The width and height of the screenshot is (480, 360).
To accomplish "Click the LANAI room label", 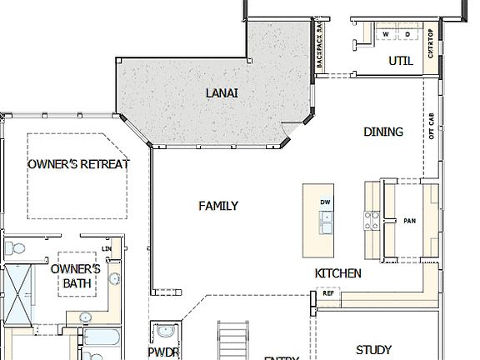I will (x=222, y=92).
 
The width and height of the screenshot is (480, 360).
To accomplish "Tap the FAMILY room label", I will (x=218, y=206).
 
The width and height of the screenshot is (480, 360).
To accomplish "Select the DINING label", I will (x=383, y=132).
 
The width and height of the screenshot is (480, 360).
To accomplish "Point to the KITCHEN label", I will (x=337, y=273).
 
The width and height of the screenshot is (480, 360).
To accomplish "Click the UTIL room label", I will (x=401, y=61).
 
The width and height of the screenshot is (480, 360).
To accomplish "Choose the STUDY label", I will (x=373, y=350).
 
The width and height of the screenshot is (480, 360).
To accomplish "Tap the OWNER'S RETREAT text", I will (x=78, y=164).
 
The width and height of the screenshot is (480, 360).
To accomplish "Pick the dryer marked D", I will (x=407, y=34).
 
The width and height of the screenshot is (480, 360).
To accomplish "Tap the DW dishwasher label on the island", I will (x=325, y=202).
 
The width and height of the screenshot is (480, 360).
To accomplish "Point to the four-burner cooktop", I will (x=371, y=220).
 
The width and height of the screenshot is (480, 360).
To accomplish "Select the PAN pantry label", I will (x=409, y=221).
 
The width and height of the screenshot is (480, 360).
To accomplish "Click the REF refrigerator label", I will (x=327, y=293).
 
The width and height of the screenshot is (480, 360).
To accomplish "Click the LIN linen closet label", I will (x=106, y=249).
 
